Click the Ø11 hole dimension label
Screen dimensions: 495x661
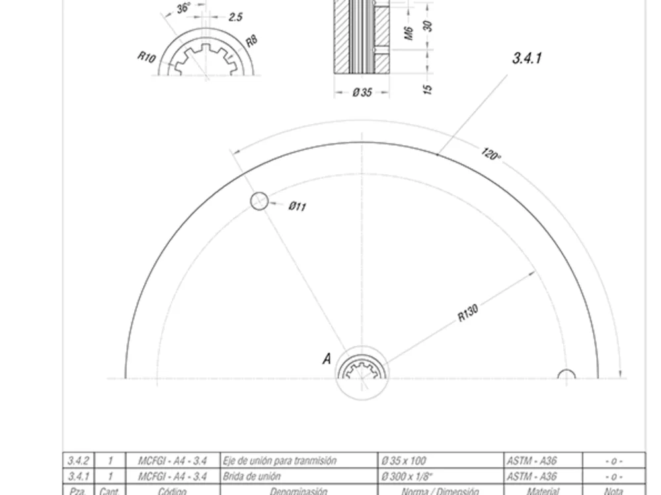click(x=297, y=207)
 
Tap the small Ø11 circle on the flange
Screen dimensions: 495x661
click(x=260, y=201)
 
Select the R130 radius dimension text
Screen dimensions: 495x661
click(x=468, y=313)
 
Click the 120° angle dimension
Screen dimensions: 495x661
click(x=490, y=155)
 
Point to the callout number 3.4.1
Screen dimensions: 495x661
click(x=527, y=58)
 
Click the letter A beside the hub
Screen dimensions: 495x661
click(x=326, y=359)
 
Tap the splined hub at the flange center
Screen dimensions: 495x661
click(x=362, y=372)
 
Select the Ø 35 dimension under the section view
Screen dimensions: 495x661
click(x=362, y=92)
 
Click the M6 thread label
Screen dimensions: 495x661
click(x=408, y=31)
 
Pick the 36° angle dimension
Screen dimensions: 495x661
click(x=183, y=8)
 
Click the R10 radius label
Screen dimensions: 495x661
click(x=146, y=57)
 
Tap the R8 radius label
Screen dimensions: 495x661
click(x=251, y=41)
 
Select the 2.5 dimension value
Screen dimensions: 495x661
click(x=235, y=17)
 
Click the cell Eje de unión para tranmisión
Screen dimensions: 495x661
click(x=279, y=461)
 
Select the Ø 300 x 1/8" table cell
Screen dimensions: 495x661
click(x=405, y=476)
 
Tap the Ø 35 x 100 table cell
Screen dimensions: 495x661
click(x=403, y=461)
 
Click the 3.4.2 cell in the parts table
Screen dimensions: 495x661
click(x=79, y=461)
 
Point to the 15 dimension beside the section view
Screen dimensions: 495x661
click(x=428, y=87)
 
